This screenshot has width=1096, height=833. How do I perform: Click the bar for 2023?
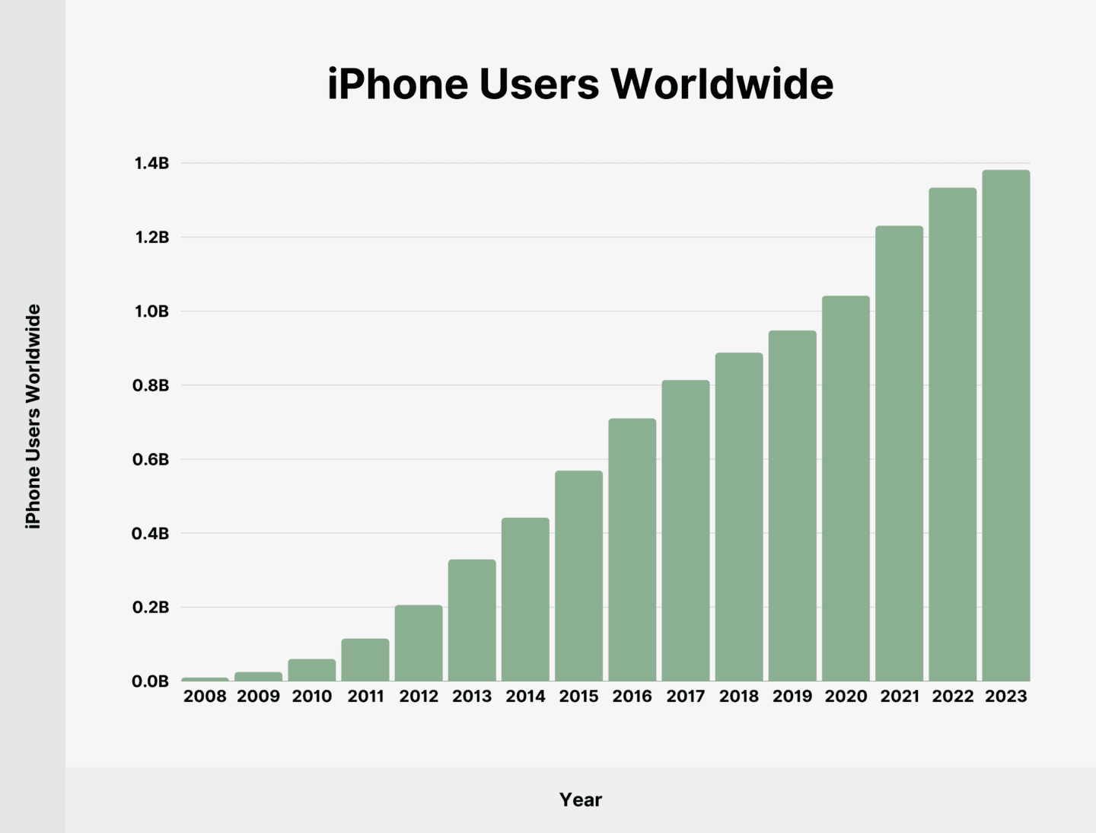coord(1005,426)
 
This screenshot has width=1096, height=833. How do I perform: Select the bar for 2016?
coord(632,550)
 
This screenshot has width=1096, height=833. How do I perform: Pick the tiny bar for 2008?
coord(205,679)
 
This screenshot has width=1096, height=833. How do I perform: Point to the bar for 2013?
coord(472,621)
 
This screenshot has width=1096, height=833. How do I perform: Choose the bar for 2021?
coord(899,454)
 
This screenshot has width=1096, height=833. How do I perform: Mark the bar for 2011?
coord(365,660)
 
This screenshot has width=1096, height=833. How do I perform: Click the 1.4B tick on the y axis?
coord(151,164)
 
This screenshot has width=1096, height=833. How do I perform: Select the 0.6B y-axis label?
coord(151,460)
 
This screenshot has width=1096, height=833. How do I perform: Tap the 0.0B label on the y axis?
coord(151,681)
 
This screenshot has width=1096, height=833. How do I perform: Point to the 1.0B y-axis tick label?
coord(151,311)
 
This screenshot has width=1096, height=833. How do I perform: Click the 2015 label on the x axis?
coord(578,697)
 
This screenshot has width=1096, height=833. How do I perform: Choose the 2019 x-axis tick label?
coord(792,697)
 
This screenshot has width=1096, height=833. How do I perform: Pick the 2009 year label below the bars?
coord(259,697)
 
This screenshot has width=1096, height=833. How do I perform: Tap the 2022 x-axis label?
coord(953,697)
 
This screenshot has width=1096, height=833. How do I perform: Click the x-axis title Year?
coord(581,800)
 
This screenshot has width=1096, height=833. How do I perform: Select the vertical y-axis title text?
coord(33,416)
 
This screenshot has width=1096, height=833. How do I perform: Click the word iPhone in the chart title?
coord(398,84)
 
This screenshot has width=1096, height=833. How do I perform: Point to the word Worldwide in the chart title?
coord(722,84)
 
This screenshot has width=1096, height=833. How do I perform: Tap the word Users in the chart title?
coord(539,84)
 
